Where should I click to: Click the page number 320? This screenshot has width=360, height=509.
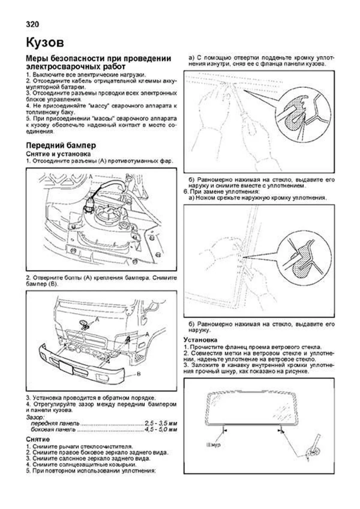32,24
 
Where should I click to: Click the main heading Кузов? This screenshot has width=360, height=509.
45,43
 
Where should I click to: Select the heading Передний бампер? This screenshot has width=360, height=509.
61,145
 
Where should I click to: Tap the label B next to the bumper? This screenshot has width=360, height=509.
139,374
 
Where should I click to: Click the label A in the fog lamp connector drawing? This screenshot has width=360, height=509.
91,177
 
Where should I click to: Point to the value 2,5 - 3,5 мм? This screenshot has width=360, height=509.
161,424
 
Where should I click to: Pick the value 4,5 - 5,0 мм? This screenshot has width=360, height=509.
161,430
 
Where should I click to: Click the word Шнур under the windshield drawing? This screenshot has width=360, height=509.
214,445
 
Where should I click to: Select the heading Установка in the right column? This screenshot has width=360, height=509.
200,340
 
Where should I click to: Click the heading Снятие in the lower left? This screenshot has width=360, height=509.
38,439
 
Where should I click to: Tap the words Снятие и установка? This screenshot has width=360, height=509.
58,154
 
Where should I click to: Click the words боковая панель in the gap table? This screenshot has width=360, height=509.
53,430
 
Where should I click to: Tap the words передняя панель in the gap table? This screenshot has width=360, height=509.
55,424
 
